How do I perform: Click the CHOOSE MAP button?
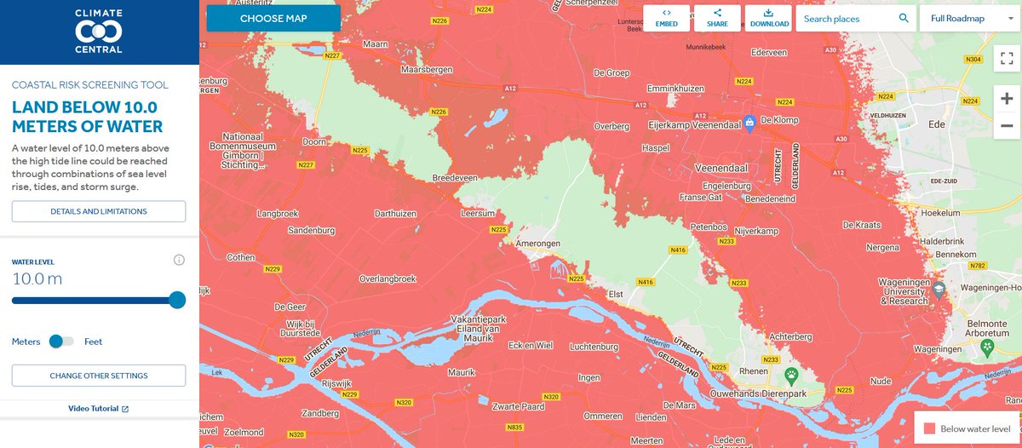click(x=273, y=18)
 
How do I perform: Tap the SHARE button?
click(x=717, y=18)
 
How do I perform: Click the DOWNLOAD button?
click(x=768, y=18)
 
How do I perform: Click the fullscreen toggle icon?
click(x=1006, y=60)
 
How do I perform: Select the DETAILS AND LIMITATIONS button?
click(x=99, y=211)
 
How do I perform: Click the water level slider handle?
click(x=177, y=300)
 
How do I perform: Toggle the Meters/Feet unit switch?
click(x=61, y=342)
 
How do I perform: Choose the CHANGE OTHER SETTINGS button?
click(x=99, y=376)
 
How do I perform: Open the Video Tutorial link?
click(x=99, y=409)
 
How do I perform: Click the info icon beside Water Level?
click(x=179, y=261)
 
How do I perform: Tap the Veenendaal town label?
click(x=721, y=168)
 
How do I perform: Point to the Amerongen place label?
click(x=538, y=244)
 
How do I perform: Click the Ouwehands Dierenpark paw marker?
click(x=792, y=374)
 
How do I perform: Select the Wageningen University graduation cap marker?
click(x=939, y=289)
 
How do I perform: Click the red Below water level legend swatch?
click(x=929, y=428)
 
